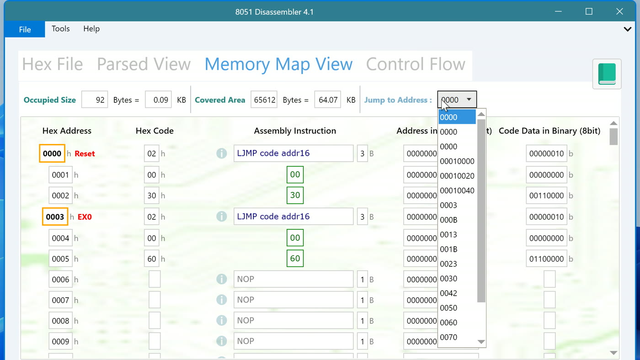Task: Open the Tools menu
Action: click(60, 29)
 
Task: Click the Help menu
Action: click(91, 29)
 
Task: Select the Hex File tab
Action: click(53, 64)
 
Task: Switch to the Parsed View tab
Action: click(144, 64)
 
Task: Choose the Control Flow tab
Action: click(416, 64)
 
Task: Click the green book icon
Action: click(607, 74)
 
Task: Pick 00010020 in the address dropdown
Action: click(457, 176)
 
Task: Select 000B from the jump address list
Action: click(448, 220)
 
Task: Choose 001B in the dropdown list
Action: click(448, 249)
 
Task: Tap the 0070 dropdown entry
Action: click(448, 337)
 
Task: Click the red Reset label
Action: click(85, 154)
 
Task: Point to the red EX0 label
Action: click(85, 217)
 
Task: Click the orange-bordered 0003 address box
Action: click(55, 217)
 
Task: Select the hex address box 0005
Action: click(60, 259)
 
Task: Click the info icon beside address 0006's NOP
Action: click(221, 279)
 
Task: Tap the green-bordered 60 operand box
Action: click(295, 259)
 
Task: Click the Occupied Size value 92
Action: click(95, 100)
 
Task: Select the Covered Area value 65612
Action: click(264, 100)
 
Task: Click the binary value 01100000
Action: click(546, 259)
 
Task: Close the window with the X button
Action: click(619, 11)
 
